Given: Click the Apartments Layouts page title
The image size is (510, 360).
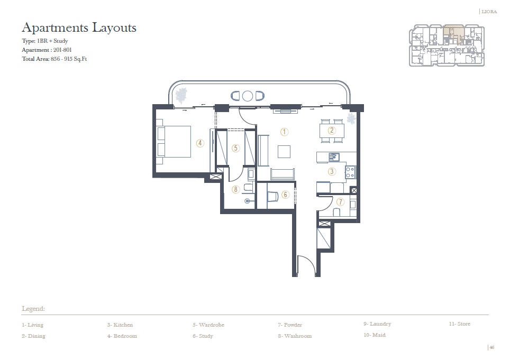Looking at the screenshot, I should (x=79, y=27).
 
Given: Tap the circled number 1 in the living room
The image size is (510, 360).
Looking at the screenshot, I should (x=284, y=132).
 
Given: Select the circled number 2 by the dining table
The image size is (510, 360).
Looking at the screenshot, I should (x=332, y=131).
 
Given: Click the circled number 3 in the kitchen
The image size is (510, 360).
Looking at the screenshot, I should (x=332, y=171).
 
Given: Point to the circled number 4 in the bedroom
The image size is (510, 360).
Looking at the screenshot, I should (x=200, y=142).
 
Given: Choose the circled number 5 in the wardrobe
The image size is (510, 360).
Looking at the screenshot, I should (x=236, y=148).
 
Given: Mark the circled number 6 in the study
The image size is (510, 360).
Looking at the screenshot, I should (x=285, y=195).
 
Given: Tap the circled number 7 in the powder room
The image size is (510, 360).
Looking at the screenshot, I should (x=340, y=201).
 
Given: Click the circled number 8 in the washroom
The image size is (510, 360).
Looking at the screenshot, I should (x=236, y=189).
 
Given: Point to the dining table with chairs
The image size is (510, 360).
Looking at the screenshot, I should (x=332, y=131).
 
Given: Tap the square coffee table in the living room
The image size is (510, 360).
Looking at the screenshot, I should (x=284, y=151).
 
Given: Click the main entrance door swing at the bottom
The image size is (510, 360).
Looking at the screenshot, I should (x=306, y=266).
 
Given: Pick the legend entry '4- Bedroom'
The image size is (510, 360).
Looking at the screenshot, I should (x=122, y=336).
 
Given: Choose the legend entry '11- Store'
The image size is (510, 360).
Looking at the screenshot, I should (x=459, y=324).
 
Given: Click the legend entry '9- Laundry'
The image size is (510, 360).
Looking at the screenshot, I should (x=377, y=324).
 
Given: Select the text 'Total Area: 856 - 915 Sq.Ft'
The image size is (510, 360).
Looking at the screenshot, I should (x=54, y=59).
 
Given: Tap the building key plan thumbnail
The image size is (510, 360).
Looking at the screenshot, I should (x=447, y=45).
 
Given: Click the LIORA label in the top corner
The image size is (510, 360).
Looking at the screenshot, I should (x=489, y=11).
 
